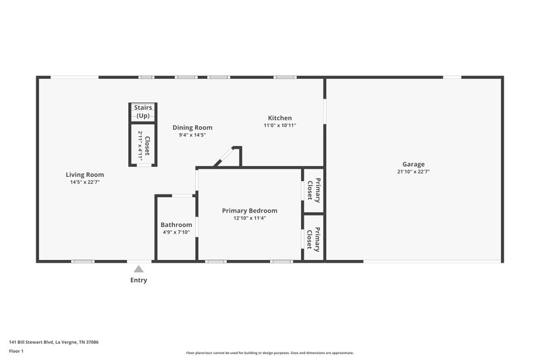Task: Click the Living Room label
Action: (84, 174)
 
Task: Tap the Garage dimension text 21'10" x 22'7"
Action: (413, 172)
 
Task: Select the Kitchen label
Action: (279, 118)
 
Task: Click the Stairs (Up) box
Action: (142, 111)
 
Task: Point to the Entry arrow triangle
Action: (138, 269)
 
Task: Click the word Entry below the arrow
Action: (138, 280)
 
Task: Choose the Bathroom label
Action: (176, 225)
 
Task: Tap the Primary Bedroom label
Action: (249, 211)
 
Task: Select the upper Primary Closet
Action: (313, 190)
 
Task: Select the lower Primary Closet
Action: (313, 237)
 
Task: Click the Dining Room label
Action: (192, 128)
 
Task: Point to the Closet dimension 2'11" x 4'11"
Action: (140, 145)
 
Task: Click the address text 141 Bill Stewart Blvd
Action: (53, 342)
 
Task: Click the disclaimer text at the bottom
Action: (270, 353)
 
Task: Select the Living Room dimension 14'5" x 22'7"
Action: (84, 182)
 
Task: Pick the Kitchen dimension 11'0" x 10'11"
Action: (279, 126)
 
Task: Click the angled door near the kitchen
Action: (224, 157)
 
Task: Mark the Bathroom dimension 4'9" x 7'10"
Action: (176, 232)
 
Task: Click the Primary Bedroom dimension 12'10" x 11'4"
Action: (249, 218)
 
